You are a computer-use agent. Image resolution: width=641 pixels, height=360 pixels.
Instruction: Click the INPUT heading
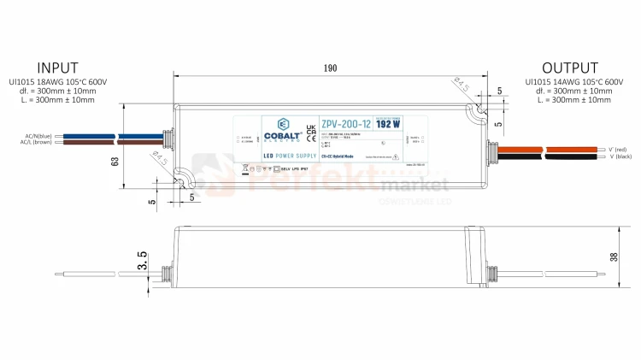click(57, 68)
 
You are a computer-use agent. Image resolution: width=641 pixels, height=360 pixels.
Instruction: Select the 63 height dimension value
click(113, 159)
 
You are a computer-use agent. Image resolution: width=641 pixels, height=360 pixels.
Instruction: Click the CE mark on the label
click(310, 136)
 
